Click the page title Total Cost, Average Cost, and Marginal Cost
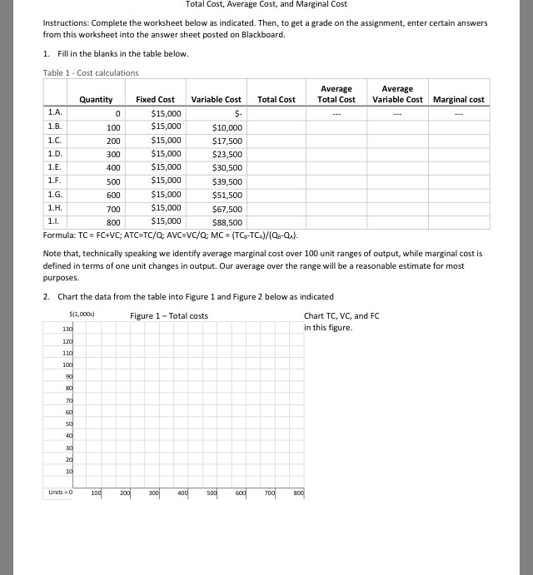(266, 4)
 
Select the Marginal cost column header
(458, 100)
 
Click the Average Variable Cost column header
(397, 94)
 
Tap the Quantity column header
(96, 100)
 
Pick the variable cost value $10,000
(227, 128)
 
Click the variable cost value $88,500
(227, 222)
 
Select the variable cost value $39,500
(227, 181)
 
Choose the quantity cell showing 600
(113, 195)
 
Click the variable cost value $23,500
(227, 155)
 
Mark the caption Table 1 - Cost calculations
(91, 73)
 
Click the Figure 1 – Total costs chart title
(169, 316)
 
